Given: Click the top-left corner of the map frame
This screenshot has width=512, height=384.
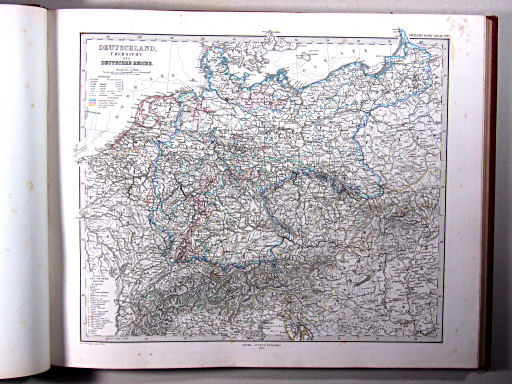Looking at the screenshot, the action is (x=75, y=37).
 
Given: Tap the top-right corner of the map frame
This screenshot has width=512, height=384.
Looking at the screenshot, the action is (x=447, y=37).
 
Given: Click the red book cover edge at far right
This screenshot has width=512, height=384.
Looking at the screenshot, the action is (x=491, y=190).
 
